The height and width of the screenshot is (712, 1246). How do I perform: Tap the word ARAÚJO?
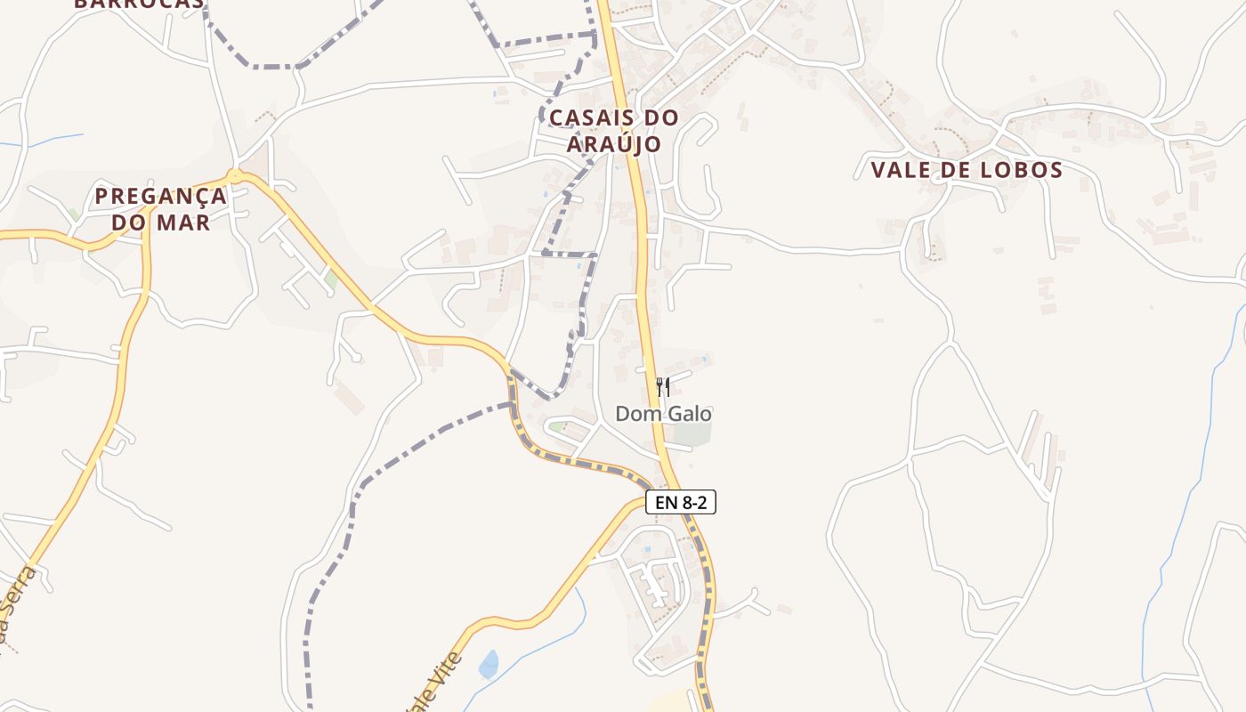point(614,144)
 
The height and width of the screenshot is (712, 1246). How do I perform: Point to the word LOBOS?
point(1023,170)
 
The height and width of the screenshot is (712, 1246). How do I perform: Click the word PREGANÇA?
point(161,196)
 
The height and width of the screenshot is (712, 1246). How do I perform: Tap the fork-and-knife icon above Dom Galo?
point(662,386)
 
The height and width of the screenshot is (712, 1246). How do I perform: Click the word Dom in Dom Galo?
point(635,414)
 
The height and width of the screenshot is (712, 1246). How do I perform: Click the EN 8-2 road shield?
point(681,503)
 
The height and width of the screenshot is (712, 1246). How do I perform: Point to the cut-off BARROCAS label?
point(138,4)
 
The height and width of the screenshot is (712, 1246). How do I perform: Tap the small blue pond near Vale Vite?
point(489,664)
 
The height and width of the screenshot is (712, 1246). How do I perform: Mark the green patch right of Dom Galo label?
point(693,433)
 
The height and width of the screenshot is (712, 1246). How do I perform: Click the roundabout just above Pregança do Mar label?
point(234,175)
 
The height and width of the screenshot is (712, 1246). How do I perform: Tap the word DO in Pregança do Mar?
point(129,222)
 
